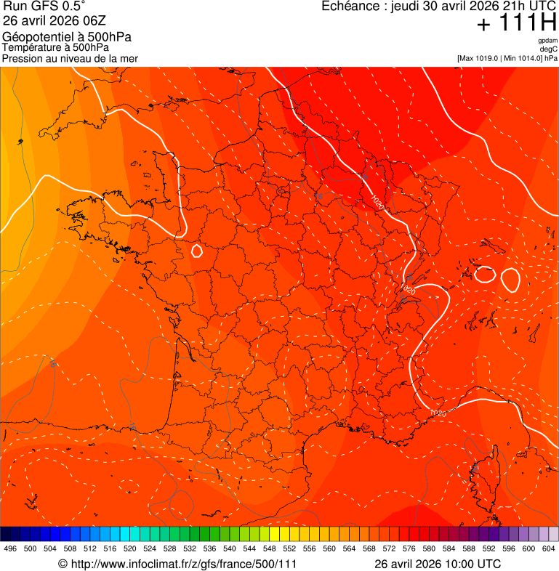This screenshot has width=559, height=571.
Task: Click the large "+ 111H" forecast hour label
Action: (x=517, y=23)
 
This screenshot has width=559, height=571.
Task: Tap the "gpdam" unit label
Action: (x=547, y=41)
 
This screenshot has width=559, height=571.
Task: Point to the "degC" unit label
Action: (x=549, y=49)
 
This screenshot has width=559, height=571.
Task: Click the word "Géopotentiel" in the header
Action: (x=36, y=37)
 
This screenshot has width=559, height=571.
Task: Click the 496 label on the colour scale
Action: (x=10, y=548)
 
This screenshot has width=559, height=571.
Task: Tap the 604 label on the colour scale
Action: (x=548, y=548)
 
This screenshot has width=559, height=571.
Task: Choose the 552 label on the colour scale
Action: (x=289, y=548)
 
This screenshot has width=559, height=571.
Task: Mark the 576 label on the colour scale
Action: (x=409, y=548)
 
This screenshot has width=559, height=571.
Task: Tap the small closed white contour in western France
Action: (x=196, y=251)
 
